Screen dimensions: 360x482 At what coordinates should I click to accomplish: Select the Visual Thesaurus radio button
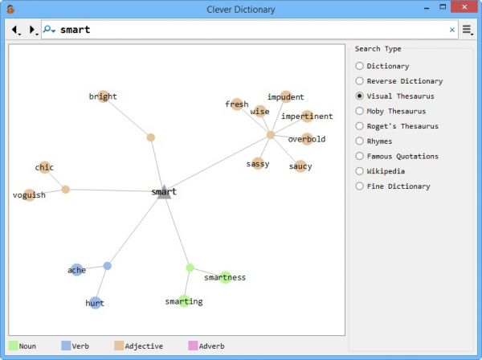pyautogui.click(x=359, y=96)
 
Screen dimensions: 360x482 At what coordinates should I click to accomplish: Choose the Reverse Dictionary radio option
pyautogui.click(x=359, y=80)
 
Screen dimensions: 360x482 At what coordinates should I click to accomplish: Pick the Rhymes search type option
pyautogui.click(x=359, y=141)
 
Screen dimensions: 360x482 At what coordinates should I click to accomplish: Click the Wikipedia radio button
pyautogui.click(x=359, y=171)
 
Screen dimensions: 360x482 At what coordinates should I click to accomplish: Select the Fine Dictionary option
pyautogui.click(x=359, y=186)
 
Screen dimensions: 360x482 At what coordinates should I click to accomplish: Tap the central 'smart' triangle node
pyautogui.click(x=164, y=192)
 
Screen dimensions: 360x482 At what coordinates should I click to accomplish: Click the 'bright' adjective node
pyautogui.click(x=103, y=97)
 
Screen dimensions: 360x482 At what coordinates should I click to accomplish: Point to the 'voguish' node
pyautogui.click(x=30, y=195)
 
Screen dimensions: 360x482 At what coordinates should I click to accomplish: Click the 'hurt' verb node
pyautogui.click(x=95, y=303)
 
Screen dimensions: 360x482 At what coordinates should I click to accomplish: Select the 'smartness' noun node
pyautogui.click(x=225, y=277)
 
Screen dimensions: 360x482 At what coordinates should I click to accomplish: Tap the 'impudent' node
pyautogui.click(x=286, y=97)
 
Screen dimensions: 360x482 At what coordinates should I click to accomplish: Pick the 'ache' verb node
pyautogui.click(x=76, y=270)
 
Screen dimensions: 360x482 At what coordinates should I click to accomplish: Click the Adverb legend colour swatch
pyautogui.click(x=192, y=346)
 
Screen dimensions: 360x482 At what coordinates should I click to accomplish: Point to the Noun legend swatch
pyautogui.click(x=13, y=346)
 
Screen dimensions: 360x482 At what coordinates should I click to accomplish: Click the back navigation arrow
pyautogui.click(x=14, y=30)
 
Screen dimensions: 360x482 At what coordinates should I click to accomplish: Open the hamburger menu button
pyautogui.click(x=467, y=30)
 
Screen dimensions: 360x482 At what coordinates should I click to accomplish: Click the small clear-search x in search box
pyautogui.click(x=451, y=30)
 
